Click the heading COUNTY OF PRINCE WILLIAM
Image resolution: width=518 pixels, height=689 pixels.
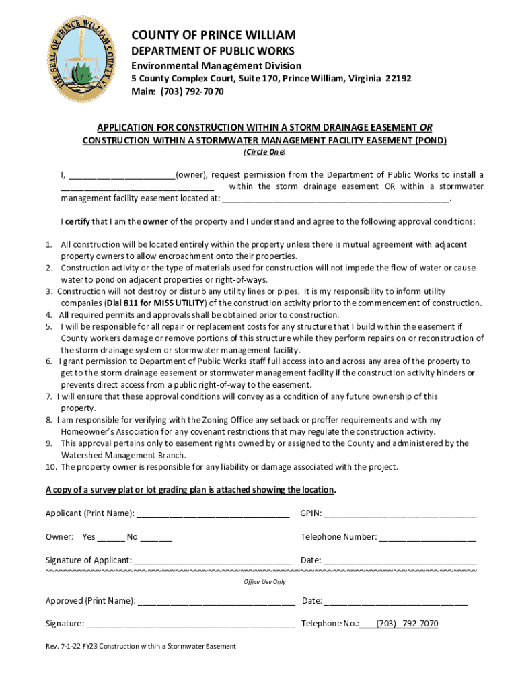point(213,35)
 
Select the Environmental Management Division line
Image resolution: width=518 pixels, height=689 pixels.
point(215,65)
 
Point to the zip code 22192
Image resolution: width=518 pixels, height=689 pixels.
point(398,78)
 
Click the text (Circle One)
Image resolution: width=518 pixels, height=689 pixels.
point(264,152)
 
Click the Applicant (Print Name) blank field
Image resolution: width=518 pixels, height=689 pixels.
point(213,514)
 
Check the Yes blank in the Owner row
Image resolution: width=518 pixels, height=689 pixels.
point(111,537)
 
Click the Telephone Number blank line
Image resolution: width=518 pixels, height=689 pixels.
point(428,537)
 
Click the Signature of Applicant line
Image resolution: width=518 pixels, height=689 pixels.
point(213,560)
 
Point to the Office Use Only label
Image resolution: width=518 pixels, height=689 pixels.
point(264,582)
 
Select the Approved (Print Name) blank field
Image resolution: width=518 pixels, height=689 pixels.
point(216,601)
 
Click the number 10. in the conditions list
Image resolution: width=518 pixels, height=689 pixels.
point(51,467)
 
